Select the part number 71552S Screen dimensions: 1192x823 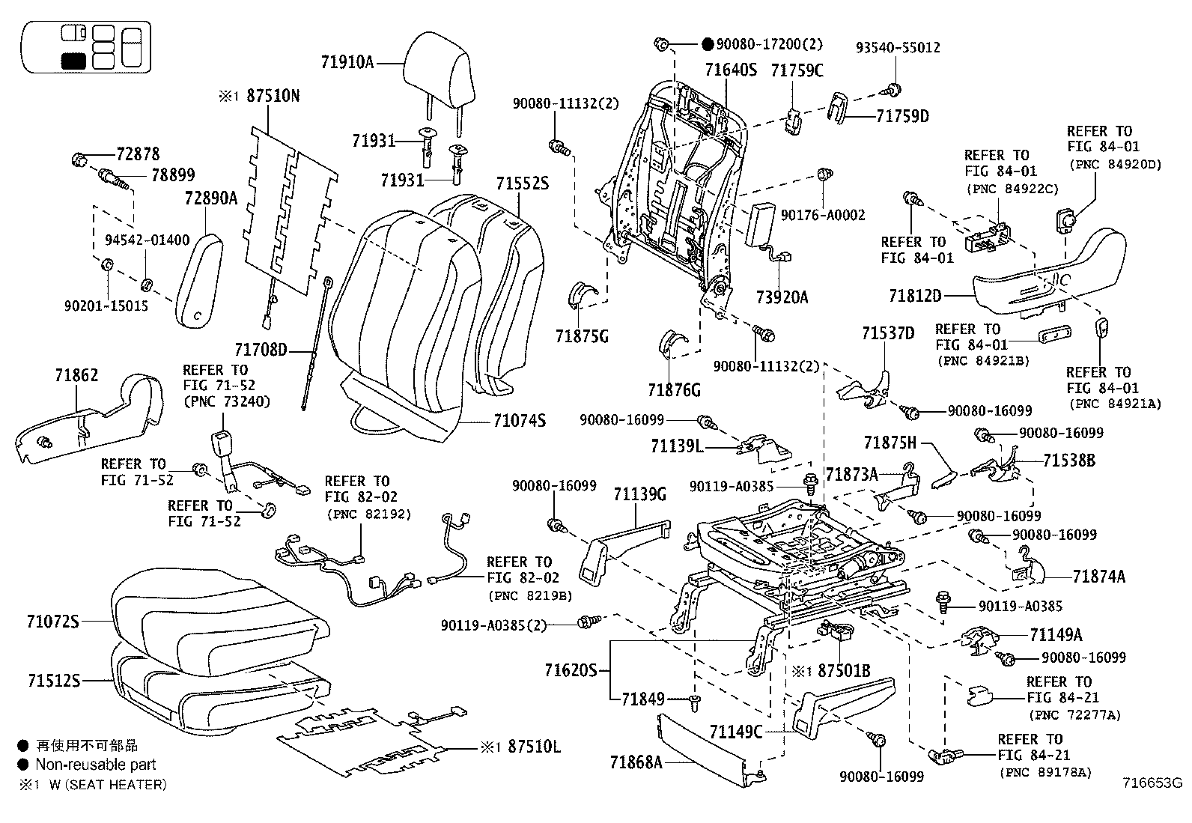[522, 183]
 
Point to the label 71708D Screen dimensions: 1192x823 [261, 350]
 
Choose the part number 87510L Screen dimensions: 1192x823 [534, 747]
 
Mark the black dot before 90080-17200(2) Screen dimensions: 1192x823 [708, 45]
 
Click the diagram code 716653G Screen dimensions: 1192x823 [1152, 783]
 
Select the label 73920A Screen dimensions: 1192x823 [782, 297]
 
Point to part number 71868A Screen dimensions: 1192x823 [636, 762]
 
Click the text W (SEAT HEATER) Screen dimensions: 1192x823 [108, 784]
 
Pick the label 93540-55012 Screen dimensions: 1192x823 [898, 47]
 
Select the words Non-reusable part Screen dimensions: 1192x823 [96, 765]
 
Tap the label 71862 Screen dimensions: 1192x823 [76, 375]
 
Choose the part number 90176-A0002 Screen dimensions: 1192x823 [823, 215]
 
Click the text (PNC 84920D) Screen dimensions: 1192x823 [1116, 165]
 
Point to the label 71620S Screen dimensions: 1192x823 [571, 669]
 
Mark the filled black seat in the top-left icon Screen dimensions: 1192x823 [73, 61]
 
